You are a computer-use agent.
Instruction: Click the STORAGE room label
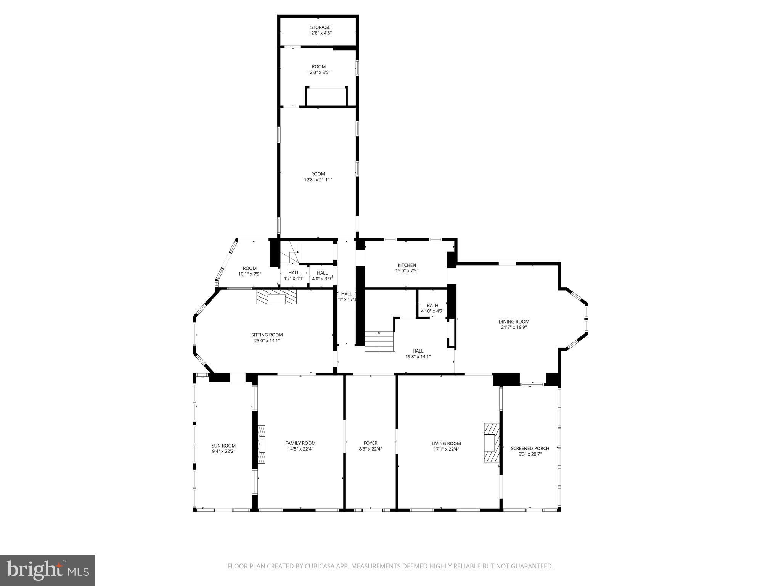(320, 27)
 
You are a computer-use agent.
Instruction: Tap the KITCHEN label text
(407, 265)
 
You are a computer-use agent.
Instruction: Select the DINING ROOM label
(514, 322)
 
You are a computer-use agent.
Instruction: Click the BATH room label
(432, 306)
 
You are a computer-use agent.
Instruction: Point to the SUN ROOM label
(223, 446)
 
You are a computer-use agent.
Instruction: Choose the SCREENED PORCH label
(530, 448)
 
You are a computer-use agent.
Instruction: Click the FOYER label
(370, 443)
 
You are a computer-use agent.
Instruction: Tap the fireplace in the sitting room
(276, 296)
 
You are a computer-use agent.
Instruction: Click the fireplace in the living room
(491, 443)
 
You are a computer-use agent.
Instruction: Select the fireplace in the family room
(262, 444)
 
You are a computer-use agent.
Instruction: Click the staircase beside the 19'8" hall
(379, 341)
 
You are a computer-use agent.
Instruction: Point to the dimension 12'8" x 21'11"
(318, 180)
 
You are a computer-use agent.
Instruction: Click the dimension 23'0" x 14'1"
(267, 341)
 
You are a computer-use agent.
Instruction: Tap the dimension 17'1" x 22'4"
(446, 449)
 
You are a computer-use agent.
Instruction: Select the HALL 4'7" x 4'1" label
(294, 273)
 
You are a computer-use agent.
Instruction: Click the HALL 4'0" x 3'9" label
(322, 273)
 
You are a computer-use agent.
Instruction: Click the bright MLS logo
(48, 570)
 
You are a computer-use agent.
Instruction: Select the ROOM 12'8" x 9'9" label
(319, 67)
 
